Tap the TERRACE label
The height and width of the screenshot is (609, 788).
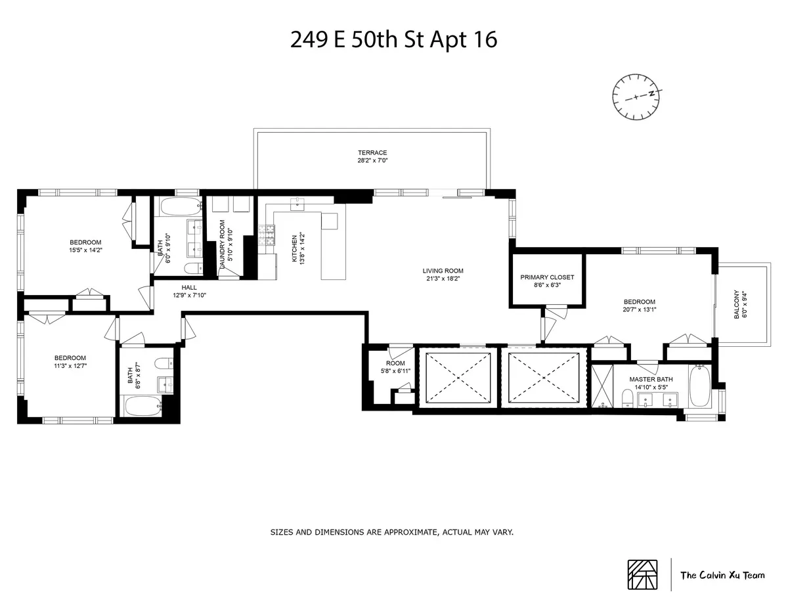click(372, 153)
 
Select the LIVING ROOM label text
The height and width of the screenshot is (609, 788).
click(443, 270)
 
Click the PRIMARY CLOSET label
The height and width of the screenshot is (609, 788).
click(547, 277)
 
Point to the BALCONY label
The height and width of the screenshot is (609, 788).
click(735, 305)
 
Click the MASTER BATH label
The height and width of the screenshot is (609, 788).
click(651, 379)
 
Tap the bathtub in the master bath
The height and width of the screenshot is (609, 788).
click(699, 388)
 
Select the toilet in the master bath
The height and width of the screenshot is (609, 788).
click(627, 398)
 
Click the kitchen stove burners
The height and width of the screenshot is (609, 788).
click(268, 236)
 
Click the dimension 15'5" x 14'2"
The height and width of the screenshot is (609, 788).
click(86, 250)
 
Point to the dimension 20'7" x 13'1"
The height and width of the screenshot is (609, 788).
click(639, 310)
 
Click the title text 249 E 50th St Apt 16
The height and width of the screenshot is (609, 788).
click(393, 39)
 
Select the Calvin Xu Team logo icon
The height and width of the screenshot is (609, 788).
click(642, 575)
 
